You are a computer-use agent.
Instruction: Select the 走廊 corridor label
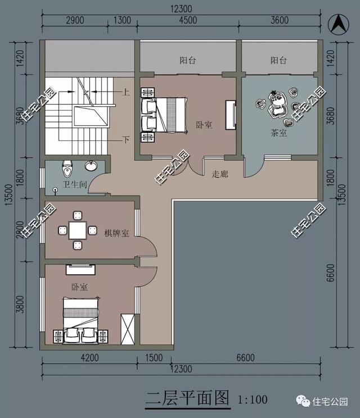(x=220, y=174)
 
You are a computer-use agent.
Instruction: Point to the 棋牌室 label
(x=117, y=233)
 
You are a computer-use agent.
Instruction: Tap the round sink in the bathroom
(x=91, y=166)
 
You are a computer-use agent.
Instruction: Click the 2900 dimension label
(x=75, y=21)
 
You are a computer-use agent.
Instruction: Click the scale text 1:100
(x=253, y=399)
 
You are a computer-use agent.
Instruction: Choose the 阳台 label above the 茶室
(x=278, y=60)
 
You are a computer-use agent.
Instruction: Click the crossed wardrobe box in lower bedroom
(x=128, y=328)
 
